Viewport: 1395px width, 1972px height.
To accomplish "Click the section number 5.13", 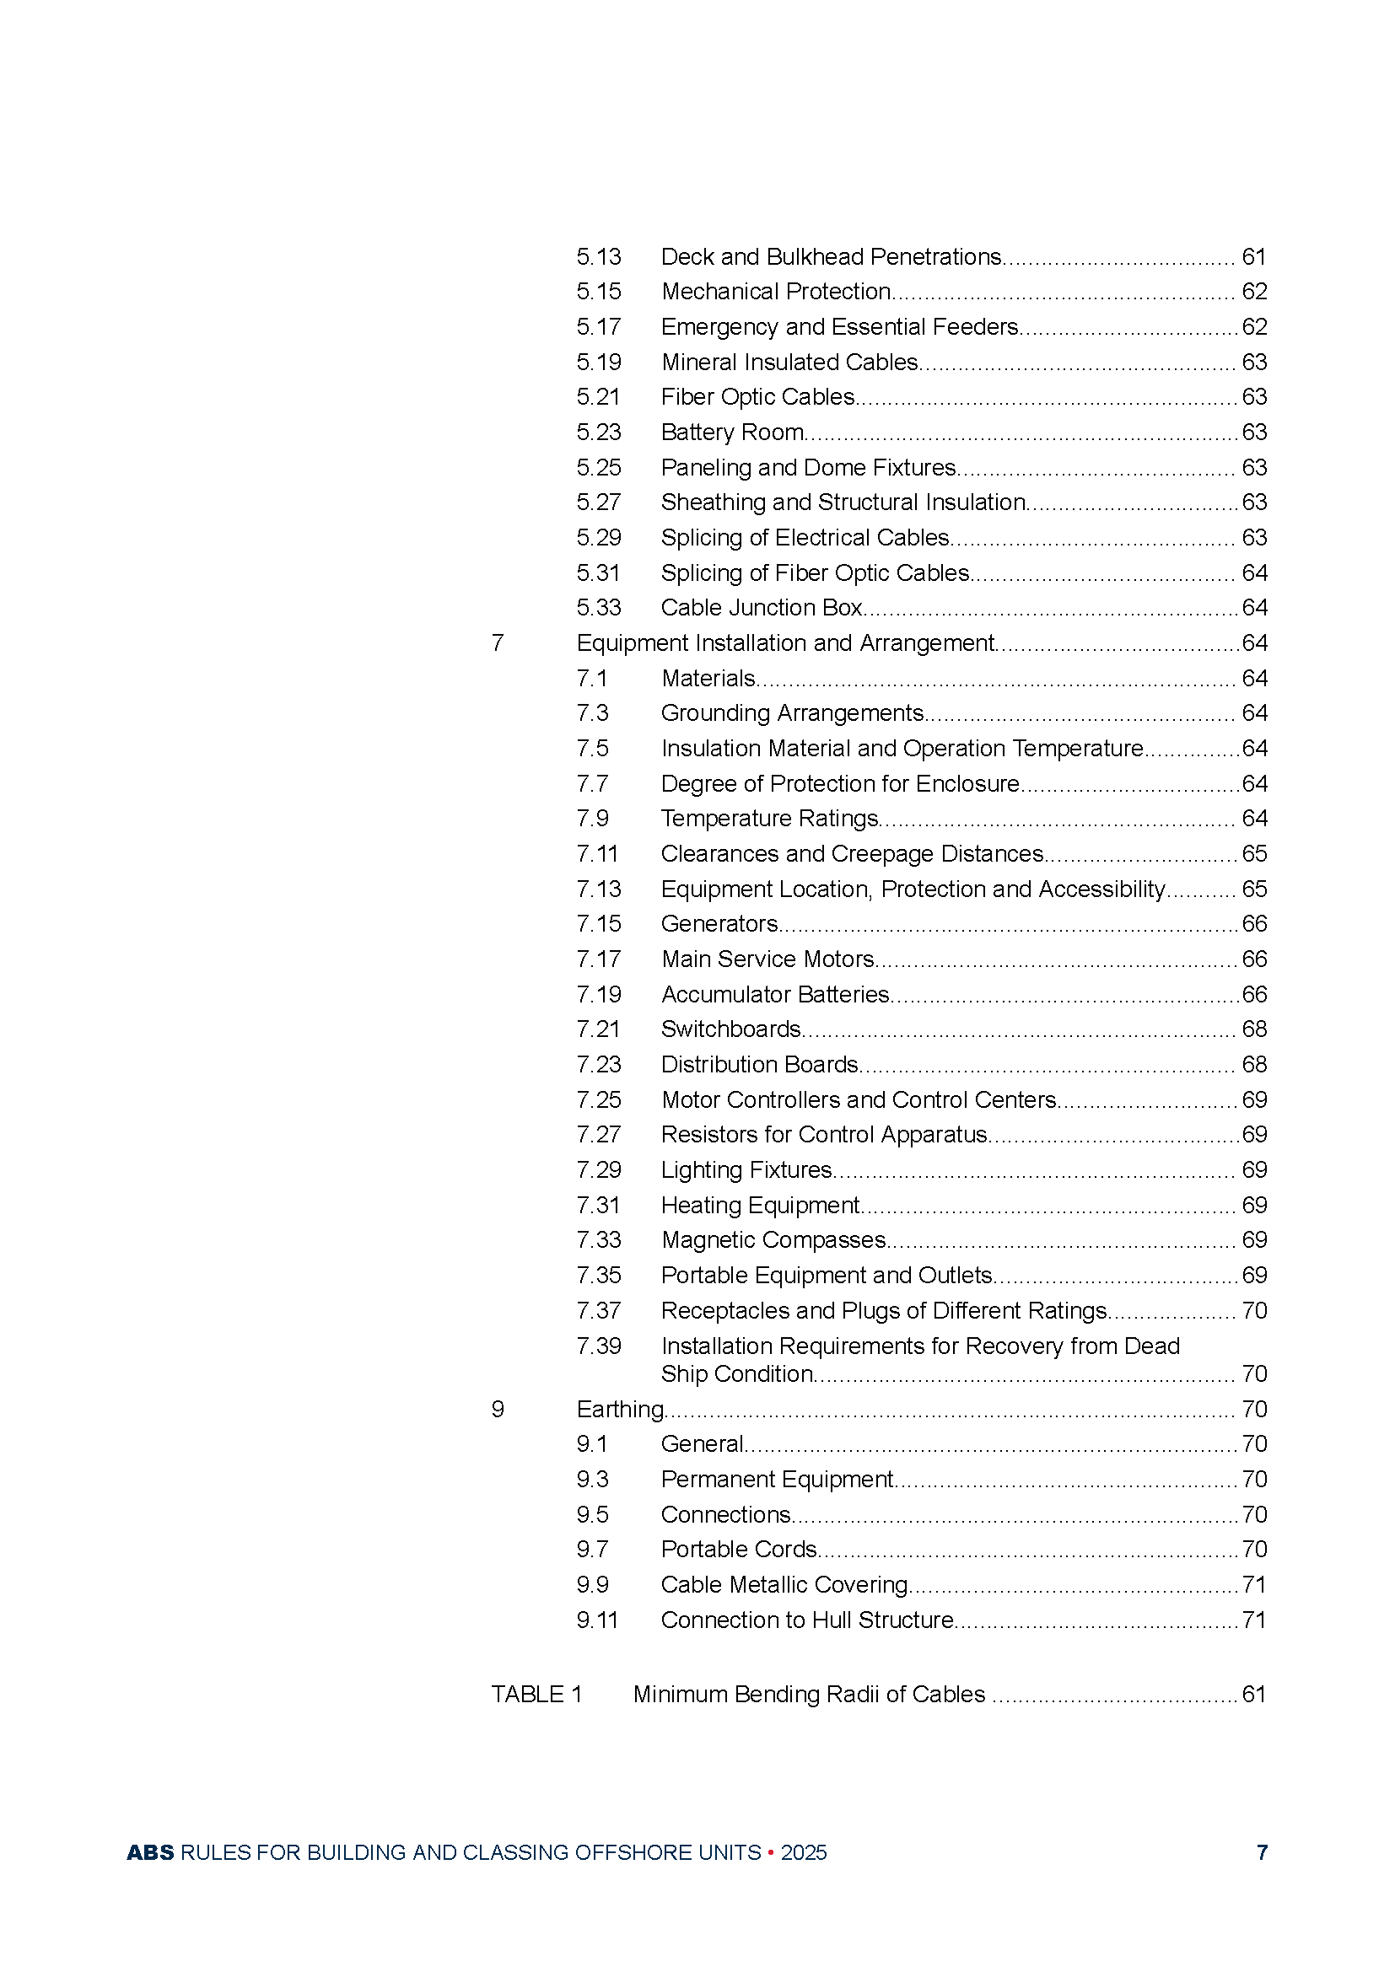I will tap(598, 257).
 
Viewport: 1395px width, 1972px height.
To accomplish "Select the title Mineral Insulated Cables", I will tap(789, 363).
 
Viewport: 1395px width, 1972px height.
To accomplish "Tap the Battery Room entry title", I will tap(732, 432).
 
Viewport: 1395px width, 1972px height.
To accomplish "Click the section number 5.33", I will tap(598, 608).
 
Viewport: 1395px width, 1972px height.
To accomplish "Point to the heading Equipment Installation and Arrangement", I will tap(785, 643).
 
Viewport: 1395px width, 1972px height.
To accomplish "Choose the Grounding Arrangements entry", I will tap(792, 713).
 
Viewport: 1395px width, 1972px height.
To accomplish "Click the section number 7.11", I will tap(597, 854).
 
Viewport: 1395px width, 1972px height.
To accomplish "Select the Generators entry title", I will tap(719, 924).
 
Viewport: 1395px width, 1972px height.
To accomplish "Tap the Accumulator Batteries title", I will tap(775, 995).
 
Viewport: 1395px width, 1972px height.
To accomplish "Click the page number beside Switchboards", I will tap(1254, 1029).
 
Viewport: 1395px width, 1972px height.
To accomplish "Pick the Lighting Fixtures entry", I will tap(746, 1170).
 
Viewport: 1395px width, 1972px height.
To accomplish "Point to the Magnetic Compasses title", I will tap(773, 1240).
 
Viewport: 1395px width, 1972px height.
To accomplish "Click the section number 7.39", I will tap(598, 1346).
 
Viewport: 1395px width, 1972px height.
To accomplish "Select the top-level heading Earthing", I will tap(620, 1410).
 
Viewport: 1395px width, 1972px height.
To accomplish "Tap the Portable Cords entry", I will tap(739, 1550).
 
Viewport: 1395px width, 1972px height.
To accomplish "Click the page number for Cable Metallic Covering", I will tap(1254, 1585).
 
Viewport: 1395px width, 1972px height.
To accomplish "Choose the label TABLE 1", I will tap(537, 1695).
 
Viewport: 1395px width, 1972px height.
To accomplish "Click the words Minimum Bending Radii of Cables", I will tap(808, 1695).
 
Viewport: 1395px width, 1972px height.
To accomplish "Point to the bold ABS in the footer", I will tap(150, 1852).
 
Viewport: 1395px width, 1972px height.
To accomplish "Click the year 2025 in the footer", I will tap(803, 1852).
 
